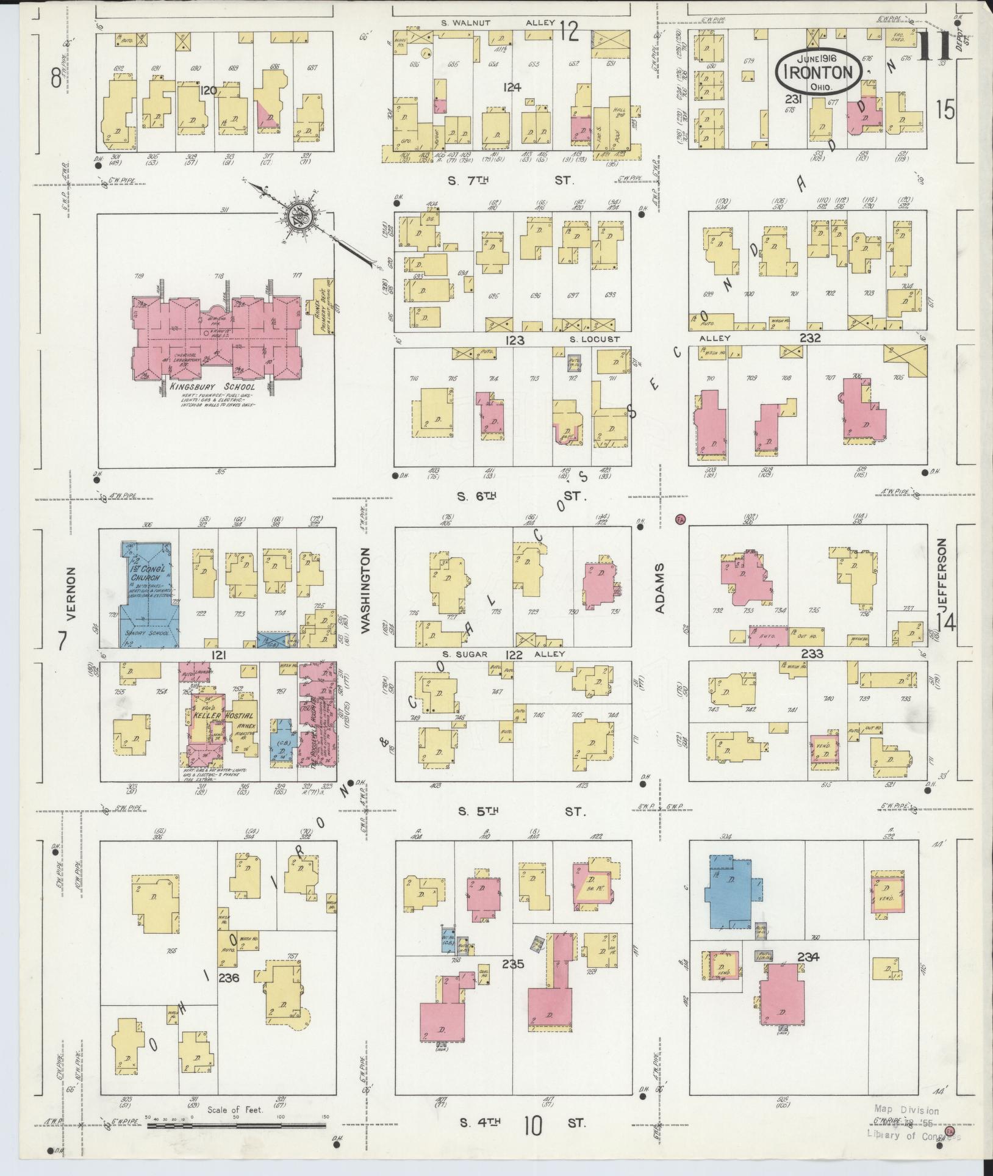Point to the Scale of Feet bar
click(238, 1125)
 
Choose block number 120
click(208, 90)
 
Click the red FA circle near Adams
click(681, 519)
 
